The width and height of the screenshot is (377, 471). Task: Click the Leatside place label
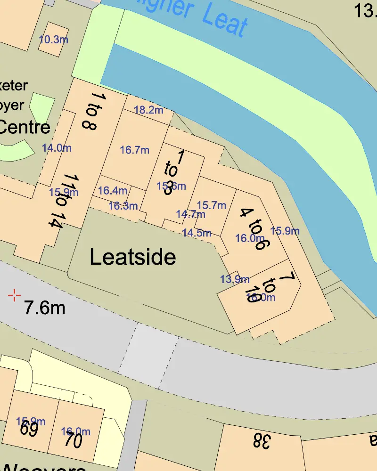pos(132,257)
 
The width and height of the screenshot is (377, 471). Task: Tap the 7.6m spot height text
pos(45,308)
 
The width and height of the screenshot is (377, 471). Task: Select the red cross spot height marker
pos(15,295)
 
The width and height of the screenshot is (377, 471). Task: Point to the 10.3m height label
pos(53,40)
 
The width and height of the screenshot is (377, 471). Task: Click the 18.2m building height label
pos(148,110)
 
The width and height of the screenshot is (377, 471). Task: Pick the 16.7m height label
pos(134,150)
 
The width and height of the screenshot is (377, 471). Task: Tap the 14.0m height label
pos(57,148)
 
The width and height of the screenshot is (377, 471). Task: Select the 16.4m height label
pos(112,191)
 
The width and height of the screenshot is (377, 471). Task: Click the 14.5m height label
pos(197,233)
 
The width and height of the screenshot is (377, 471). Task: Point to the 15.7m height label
pos(211,205)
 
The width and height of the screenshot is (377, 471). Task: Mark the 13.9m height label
pos(235,279)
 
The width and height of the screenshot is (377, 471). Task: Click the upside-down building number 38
pos(262,441)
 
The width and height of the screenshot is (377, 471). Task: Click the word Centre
pos(25,127)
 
